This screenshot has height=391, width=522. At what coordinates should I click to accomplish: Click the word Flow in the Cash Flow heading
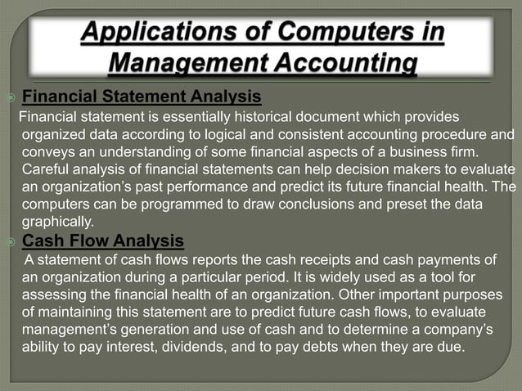(x=92, y=240)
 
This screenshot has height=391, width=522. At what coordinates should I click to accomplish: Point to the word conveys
(x=47, y=152)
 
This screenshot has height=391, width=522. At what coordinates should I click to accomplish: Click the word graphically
(x=57, y=222)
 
